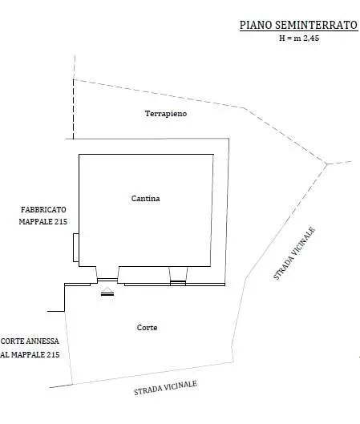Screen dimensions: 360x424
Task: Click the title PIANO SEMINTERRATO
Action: (298, 25)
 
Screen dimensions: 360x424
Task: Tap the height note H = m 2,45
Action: (299, 38)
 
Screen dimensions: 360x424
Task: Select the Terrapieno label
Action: (166, 114)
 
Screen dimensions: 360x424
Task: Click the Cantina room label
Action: (145, 199)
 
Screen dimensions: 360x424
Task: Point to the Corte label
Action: (148, 328)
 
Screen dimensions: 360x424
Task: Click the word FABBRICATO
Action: (43, 209)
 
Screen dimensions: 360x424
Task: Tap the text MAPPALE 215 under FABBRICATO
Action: (43, 221)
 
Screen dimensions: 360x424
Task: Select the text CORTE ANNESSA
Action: (30, 341)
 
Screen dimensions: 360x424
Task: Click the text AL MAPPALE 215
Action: (30, 354)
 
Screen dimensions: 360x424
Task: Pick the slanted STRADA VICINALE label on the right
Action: (294, 253)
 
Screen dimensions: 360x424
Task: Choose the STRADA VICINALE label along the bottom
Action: (165, 388)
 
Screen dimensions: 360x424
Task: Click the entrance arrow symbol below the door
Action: (107, 292)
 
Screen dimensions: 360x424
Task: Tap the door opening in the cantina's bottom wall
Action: (107, 280)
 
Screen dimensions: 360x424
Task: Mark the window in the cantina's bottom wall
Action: (178, 283)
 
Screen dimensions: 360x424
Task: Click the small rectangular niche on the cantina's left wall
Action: (76, 248)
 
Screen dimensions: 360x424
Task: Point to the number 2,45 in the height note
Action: (311, 38)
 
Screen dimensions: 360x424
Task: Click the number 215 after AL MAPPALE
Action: (53, 354)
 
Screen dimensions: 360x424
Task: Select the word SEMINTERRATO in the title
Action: (317, 25)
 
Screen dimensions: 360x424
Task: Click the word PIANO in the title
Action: (256, 25)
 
